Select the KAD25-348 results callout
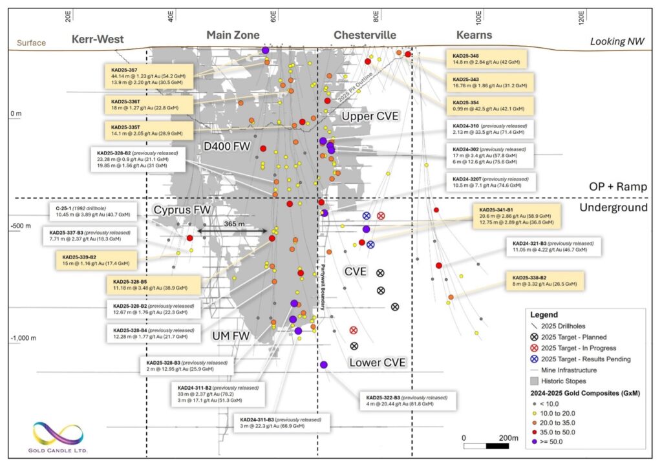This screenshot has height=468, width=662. click(489, 59)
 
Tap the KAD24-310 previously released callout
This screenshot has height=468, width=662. click(489, 129)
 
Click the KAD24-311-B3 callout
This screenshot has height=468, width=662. click(283, 423)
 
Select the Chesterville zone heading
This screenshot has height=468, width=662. click(365, 35)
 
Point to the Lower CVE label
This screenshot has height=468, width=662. click(377, 363)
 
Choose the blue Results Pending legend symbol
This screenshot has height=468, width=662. click(534, 358)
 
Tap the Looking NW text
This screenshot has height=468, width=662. click(617, 41)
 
